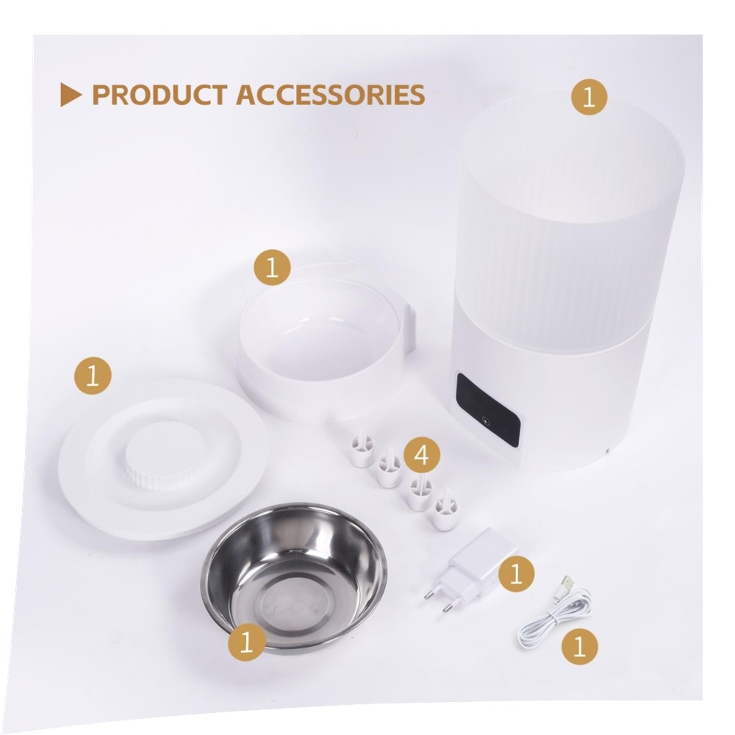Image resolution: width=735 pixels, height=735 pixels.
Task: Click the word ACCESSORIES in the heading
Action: point(331,94)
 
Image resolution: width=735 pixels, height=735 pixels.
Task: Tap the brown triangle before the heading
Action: point(71,95)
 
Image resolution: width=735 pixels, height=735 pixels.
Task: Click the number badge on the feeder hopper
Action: point(589,98)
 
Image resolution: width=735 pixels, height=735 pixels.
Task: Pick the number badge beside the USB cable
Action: point(580,647)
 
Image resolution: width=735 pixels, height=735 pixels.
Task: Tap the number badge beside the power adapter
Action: point(516,573)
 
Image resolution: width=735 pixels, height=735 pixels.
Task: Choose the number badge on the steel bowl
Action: point(246,642)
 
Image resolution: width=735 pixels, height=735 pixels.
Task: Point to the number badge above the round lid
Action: point(93,376)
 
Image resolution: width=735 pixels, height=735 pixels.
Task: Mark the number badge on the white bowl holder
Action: point(272,268)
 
